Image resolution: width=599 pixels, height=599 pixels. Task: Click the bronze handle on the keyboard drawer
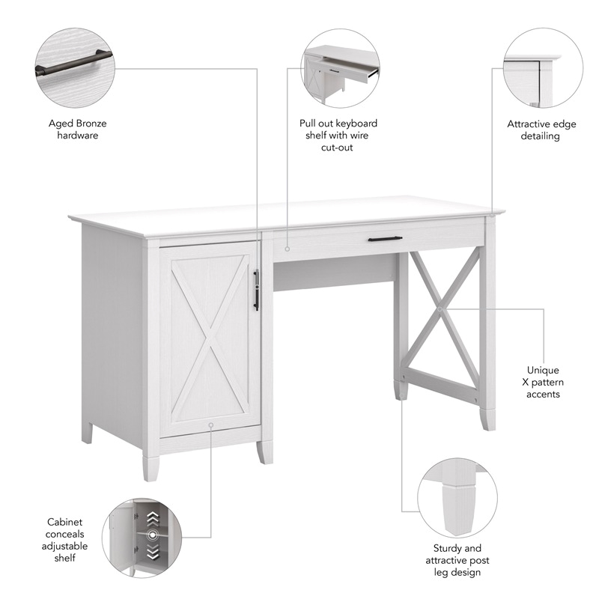click(385, 239)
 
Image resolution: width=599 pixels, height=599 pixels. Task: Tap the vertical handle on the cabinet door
click(256, 290)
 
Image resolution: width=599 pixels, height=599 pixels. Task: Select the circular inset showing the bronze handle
click(75, 70)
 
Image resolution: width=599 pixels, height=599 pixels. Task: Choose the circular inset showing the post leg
click(452, 495)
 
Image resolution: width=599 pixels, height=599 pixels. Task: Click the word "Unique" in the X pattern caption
click(543, 370)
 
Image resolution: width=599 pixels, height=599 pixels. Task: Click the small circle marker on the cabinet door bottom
click(211, 424)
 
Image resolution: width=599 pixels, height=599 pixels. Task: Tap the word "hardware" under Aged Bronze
click(78, 136)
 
